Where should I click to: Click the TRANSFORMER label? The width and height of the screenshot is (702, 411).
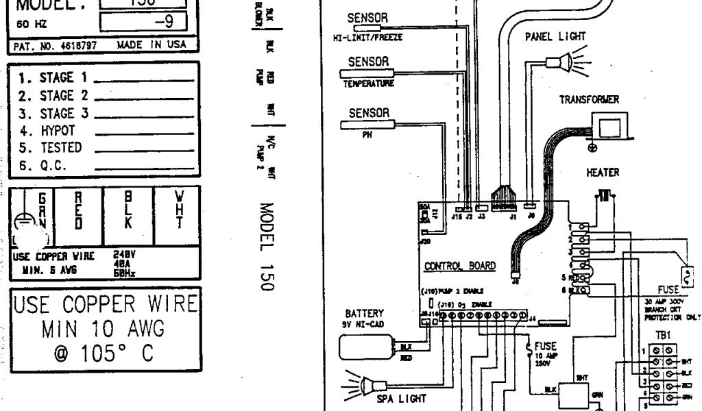pyautogui.click(x=589, y=99)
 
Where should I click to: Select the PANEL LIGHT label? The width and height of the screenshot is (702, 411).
pyautogui.click(x=555, y=38)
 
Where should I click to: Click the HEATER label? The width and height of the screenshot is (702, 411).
pyautogui.click(x=603, y=173)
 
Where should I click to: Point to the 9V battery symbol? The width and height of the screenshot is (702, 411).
pyautogui.click(x=367, y=347)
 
